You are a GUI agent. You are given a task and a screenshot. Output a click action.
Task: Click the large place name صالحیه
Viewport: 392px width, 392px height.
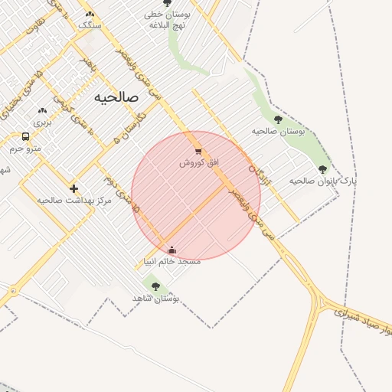coord(116,98)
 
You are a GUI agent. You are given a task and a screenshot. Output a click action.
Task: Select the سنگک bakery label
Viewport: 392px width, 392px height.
coord(90,25)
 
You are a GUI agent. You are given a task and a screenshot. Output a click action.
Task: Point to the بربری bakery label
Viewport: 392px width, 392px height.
coord(43,122)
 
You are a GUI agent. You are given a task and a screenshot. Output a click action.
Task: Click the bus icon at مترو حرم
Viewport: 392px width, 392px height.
coord(26,137)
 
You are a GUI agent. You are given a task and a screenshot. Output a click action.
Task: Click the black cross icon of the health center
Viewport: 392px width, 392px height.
coord(73,188)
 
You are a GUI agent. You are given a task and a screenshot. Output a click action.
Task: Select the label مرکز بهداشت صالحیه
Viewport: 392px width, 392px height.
coord(74,200)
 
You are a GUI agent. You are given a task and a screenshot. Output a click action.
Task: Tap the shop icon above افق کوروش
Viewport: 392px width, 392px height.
coord(199,152)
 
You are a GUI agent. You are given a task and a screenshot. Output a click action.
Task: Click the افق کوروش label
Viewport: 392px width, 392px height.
coord(199,163)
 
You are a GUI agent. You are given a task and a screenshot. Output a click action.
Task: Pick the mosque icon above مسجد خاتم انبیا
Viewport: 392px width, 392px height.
coord(171,250)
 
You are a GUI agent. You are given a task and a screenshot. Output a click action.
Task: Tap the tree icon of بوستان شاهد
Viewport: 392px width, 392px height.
coord(156,286)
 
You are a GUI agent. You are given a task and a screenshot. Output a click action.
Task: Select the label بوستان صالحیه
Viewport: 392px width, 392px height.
coord(279,132)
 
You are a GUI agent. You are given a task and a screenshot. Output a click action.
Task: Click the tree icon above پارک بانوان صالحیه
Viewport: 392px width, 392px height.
coord(322,169)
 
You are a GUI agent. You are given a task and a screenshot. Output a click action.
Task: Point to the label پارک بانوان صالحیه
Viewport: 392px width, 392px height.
coord(322,181)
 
